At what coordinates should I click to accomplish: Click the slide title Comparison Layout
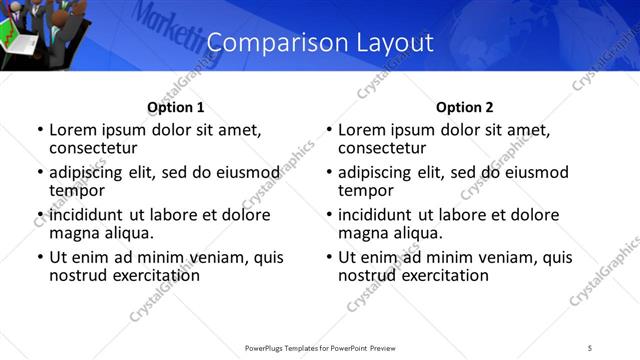[319, 43]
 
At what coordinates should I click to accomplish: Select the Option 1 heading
[175, 107]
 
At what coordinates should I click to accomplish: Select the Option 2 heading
[464, 107]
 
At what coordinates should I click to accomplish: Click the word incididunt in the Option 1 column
[87, 215]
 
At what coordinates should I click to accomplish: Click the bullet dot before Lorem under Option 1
[39, 130]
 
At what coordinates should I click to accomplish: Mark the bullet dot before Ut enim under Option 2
[328, 257]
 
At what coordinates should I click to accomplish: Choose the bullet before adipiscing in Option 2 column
[328, 173]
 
